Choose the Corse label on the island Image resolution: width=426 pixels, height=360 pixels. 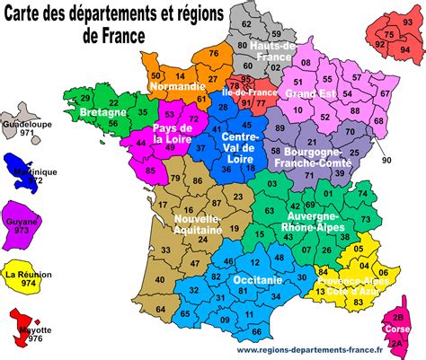click(x=399, y=329)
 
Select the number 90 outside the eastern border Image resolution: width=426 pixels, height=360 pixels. click(x=386, y=160)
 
